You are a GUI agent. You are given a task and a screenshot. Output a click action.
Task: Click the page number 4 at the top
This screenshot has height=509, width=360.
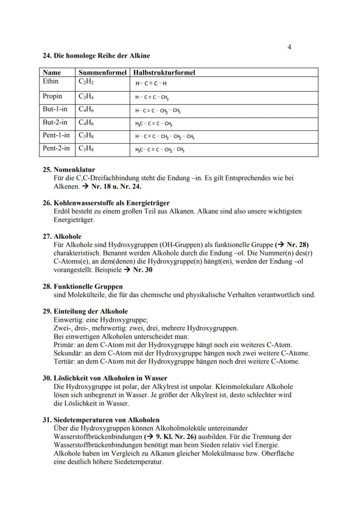point(289,47)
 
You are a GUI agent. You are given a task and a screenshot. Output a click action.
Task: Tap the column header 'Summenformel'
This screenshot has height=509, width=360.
point(103,73)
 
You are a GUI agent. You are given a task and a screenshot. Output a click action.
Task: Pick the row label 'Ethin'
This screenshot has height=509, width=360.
point(50,81)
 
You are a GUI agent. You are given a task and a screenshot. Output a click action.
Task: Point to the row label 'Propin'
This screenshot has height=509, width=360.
point(52,96)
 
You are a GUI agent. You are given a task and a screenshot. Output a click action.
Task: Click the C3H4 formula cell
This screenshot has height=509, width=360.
point(86,96)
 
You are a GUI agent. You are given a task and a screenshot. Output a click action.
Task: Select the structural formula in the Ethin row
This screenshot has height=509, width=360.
point(151,84)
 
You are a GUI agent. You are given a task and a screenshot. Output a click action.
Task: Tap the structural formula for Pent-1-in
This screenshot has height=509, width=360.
point(164,137)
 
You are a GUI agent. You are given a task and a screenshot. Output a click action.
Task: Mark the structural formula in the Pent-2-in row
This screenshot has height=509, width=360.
point(160,150)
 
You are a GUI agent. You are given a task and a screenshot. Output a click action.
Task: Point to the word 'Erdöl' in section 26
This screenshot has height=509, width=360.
point(61,211)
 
